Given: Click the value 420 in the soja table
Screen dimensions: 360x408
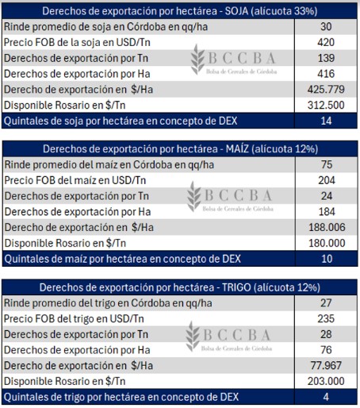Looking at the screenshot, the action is (326, 42).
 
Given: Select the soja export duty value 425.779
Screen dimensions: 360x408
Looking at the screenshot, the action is (326, 90).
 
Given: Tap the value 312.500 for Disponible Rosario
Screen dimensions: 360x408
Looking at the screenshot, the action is (326, 105).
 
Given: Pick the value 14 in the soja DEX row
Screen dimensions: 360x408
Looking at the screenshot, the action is (326, 121).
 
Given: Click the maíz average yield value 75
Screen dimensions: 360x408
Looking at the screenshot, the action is (327, 164).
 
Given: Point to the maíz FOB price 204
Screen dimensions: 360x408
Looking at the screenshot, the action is (327, 180).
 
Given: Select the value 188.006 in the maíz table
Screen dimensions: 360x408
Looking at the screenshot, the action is (327, 227).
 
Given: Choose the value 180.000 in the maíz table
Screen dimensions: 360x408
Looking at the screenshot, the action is (327, 243).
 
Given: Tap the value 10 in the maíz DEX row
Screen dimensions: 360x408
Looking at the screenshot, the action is (327, 259).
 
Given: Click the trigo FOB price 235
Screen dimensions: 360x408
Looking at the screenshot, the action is (326, 318).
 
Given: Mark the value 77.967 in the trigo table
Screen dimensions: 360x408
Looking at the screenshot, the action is (326, 366).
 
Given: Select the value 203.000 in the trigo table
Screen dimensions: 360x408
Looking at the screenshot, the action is (326, 381).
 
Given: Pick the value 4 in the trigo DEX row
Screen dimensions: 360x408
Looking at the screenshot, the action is (326, 397).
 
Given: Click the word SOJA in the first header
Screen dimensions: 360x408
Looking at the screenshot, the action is (236, 11).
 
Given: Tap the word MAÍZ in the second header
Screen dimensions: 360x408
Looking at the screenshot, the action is (237, 149).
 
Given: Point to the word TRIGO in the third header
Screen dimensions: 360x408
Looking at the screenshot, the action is (236, 287).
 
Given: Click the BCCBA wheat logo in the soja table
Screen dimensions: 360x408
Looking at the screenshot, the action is (198, 60).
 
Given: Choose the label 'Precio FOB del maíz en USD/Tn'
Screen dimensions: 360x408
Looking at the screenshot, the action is (75, 180).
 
